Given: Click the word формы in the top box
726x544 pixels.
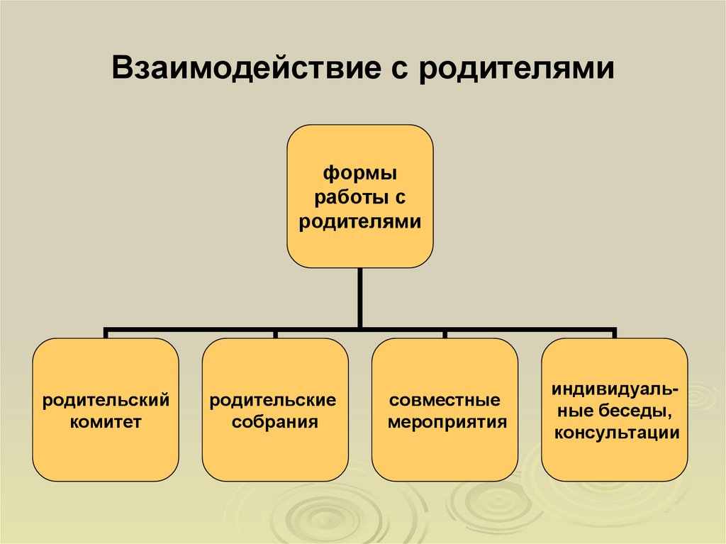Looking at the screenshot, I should click(x=360, y=173).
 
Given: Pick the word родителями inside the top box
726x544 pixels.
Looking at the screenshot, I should click(x=360, y=221).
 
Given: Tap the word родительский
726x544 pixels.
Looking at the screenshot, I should click(x=106, y=401).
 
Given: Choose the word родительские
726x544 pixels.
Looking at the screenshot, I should click(x=275, y=401).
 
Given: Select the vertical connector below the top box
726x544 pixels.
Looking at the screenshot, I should click(x=360, y=298).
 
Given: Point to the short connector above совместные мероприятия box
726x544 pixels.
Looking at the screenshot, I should click(x=445, y=333).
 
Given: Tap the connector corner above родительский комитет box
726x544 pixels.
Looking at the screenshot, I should click(x=106, y=331).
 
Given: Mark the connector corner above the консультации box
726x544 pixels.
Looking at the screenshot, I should click(x=614, y=331).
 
